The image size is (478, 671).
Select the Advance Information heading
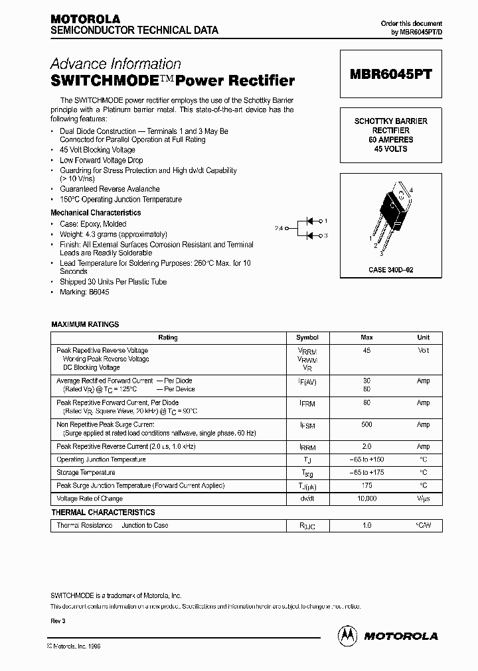coord(116,64)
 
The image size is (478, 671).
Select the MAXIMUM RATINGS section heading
coord(85,324)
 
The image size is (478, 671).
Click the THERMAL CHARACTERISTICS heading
coord(103,513)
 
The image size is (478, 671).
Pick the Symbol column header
coord(307,337)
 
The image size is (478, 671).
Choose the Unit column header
coord(423,337)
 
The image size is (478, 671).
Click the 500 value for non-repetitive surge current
coord(366,424)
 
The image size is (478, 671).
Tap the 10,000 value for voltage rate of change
coord(366,499)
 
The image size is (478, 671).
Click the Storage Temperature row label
coord(86,473)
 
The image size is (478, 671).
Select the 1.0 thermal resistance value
coord(366,526)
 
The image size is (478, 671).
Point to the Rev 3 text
coord(59,621)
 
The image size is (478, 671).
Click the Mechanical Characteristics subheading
coord(96,213)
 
